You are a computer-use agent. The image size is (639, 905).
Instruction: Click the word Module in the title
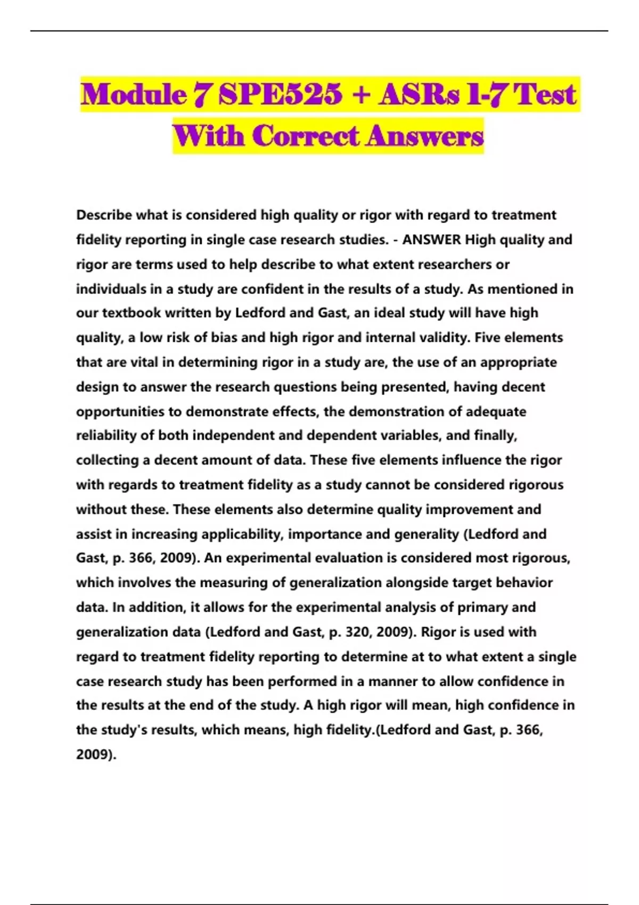134,95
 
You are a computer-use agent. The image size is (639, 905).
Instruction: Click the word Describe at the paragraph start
104,215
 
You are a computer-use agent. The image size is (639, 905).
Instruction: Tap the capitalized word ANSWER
431,240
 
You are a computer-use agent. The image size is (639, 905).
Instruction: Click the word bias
224,338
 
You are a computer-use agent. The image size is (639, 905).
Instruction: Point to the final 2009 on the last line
94,754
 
